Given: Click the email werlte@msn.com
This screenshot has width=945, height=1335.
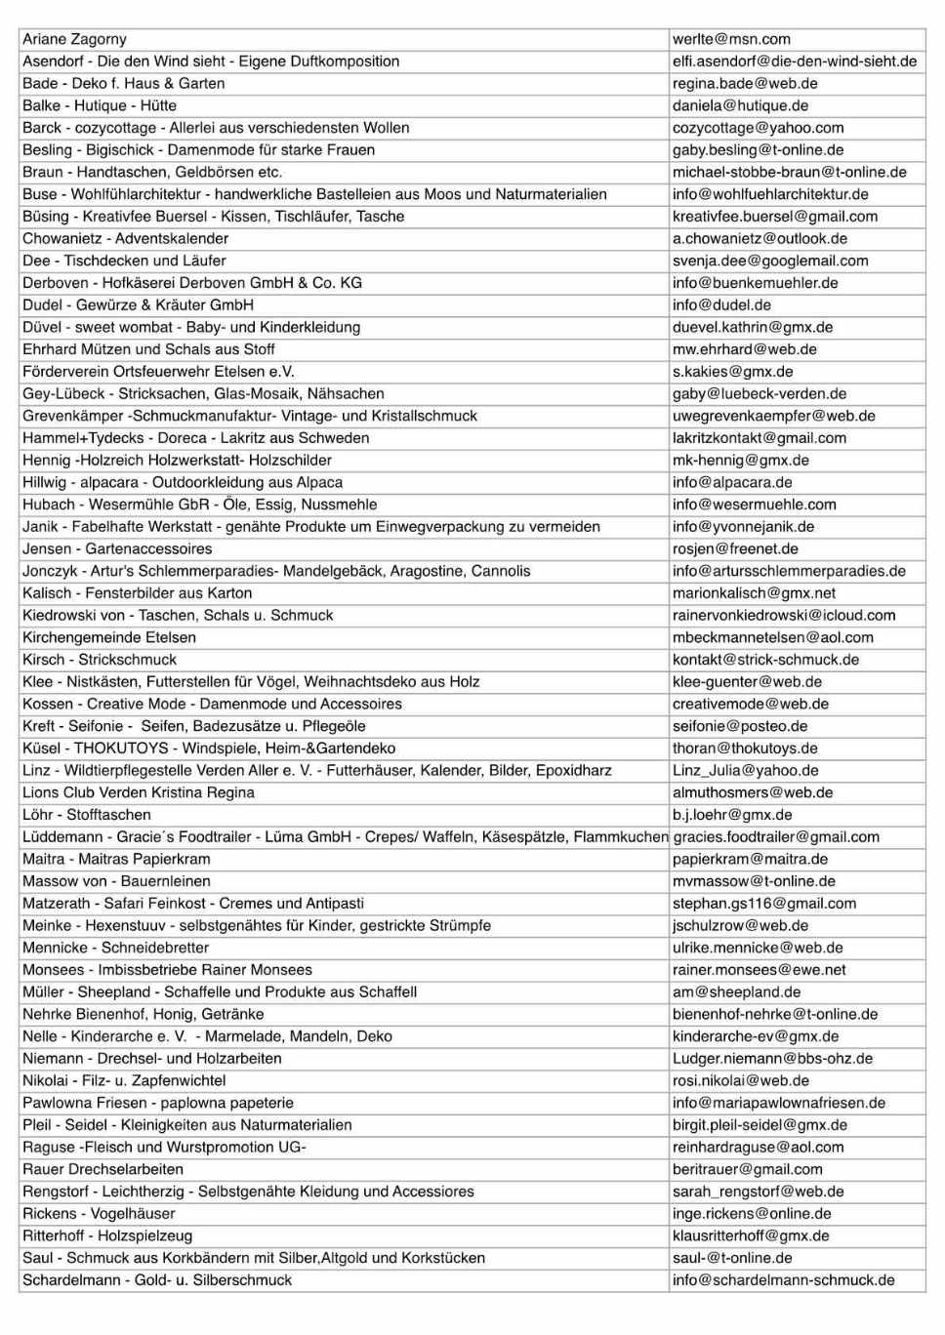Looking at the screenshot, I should (x=731, y=39).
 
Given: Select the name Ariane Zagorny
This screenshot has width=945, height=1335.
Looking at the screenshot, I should (x=75, y=39).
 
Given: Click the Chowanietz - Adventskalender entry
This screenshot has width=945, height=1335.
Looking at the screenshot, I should (x=126, y=238).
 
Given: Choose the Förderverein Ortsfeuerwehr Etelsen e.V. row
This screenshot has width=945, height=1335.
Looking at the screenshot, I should (x=158, y=371).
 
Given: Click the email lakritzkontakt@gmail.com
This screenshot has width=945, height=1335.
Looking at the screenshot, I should (x=760, y=438).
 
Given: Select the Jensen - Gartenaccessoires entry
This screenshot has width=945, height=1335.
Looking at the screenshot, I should (x=117, y=548).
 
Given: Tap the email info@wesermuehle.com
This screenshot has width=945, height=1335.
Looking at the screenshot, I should (x=755, y=505).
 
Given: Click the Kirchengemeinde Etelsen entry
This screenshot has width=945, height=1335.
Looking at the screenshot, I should (x=109, y=637).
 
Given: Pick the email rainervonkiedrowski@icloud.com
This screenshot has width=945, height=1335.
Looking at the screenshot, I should (x=784, y=615).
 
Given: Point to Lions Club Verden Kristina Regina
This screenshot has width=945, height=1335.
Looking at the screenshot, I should (x=139, y=792).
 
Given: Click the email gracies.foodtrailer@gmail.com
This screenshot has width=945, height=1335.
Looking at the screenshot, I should (x=776, y=837).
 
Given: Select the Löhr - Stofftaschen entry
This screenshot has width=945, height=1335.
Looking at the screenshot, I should (x=87, y=815).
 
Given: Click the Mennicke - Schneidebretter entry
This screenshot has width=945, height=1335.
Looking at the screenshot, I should (x=116, y=948).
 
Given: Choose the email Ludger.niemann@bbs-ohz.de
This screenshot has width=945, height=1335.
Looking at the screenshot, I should (x=773, y=1058).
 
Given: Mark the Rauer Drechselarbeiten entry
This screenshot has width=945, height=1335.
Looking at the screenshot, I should (x=103, y=1169).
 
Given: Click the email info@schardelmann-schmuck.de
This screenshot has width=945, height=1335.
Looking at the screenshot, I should (x=784, y=1279).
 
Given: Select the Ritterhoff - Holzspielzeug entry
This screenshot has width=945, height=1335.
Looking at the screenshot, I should (x=107, y=1235).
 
